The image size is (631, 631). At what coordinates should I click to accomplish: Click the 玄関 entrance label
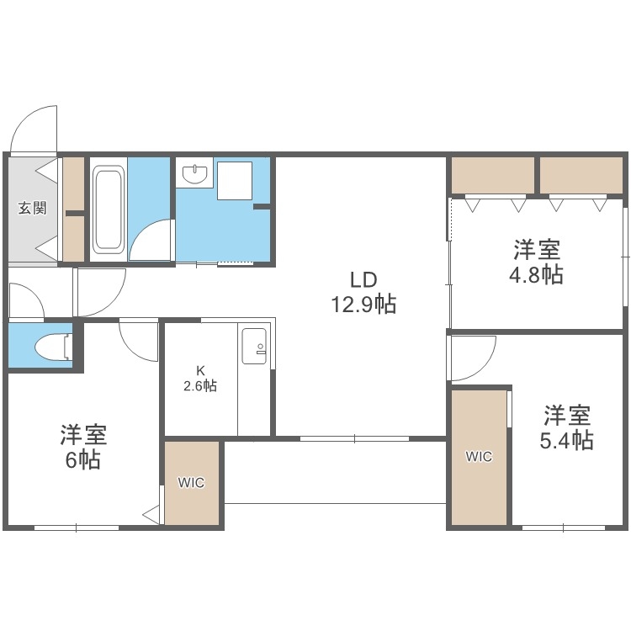click(x=33, y=208)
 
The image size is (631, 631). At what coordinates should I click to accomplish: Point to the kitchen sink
click(x=254, y=346)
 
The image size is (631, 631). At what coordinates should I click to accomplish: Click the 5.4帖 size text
click(x=565, y=439)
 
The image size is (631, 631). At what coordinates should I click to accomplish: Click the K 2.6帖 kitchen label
click(x=200, y=379)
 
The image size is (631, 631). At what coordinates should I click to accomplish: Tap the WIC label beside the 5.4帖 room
click(x=480, y=457)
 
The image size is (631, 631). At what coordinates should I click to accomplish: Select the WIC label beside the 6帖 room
click(x=191, y=483)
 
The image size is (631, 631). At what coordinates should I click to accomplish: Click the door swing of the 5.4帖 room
click(x=469, y=358)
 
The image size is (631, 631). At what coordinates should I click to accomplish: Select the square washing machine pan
click(x=235, y=179)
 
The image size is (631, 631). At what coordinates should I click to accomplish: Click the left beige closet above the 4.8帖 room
click(x=493, y=175)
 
